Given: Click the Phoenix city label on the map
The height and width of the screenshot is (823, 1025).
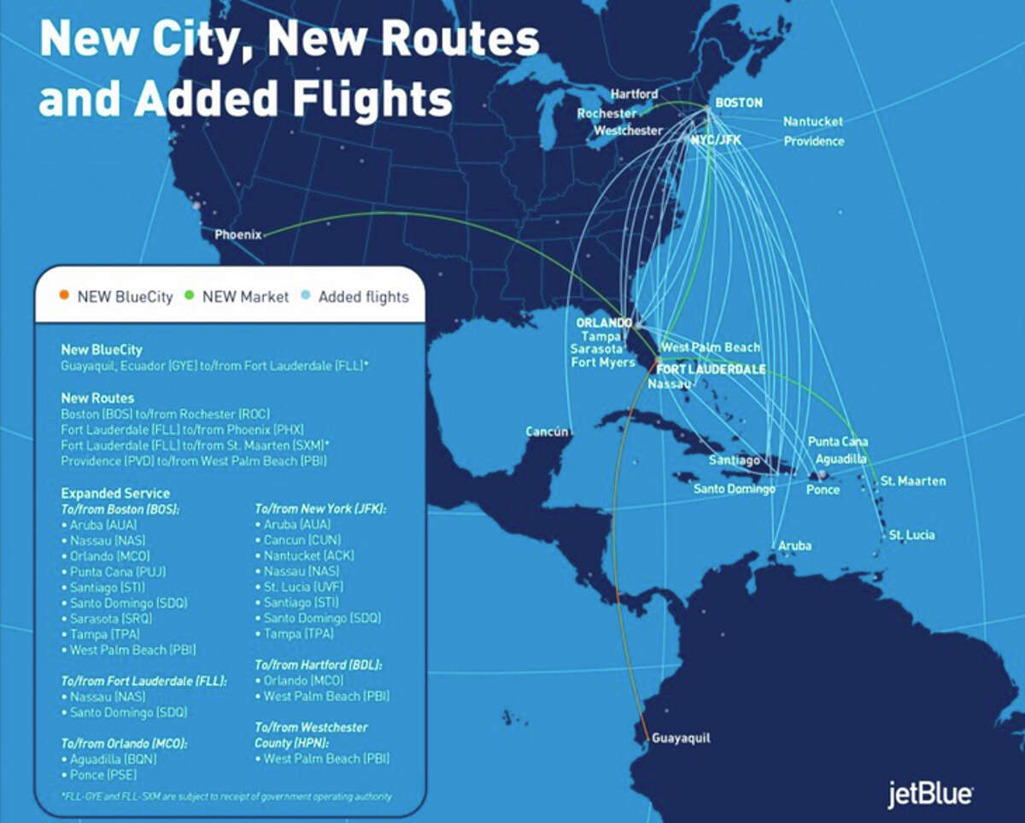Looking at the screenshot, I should click(x=237, y=234).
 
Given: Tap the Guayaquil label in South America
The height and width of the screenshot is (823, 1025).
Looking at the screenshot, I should click(x=680, y=738).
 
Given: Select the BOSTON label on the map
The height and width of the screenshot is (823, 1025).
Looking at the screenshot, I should click(x=739, y=103).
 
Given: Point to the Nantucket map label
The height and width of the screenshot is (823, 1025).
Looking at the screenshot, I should click(x=812, y=121).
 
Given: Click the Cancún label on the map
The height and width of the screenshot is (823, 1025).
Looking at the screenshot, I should click(x=547, y=432).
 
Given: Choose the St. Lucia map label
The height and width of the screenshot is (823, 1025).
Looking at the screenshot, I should click(x=911, y=535).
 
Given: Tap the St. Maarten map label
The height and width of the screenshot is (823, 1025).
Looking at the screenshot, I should click(x=913, y=481).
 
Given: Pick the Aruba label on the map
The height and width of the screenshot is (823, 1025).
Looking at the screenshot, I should click(x=794, y=545).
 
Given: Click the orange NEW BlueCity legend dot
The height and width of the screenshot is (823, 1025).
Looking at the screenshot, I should click(x=64, y=297).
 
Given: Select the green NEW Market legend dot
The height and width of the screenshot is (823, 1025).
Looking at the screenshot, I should click(x=189, y=297).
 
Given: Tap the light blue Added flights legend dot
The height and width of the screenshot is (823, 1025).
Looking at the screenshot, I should click(x=305, y=297).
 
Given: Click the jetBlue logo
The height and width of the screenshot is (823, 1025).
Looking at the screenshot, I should click(x=929, y=794).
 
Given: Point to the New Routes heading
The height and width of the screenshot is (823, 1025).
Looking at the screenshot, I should click(x=97, y=398).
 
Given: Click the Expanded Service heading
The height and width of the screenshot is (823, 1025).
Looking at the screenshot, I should click(x=115, y=493).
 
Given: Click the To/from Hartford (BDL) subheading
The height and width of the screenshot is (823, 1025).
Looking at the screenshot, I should click(x=318, y=664).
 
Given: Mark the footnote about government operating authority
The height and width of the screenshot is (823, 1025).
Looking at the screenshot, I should click(x=226, y=797).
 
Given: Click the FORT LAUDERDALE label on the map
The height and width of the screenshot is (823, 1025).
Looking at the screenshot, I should click(x=710, y=369).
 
